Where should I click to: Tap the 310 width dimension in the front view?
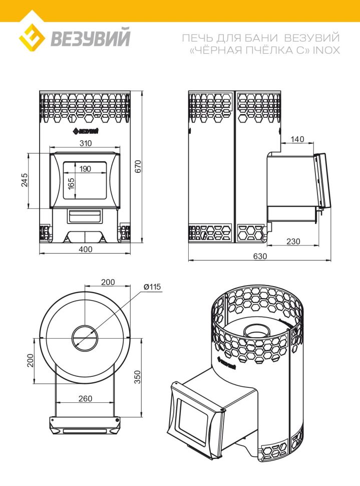pyautogui.click(x=85, y=143)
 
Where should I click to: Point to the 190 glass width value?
pyautogui.click(x=85, y=169)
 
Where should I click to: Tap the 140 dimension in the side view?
pyautogui.click(x=297, y=139)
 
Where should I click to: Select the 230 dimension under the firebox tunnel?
pyautogui.click(x=293, y=241)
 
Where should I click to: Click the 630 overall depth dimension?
pyautogui.click(x=260, y=256)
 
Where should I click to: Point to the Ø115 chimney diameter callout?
pyautogui.click(x=151, y=287)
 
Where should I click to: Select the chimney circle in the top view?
pyautogui.click(x=85, y=338)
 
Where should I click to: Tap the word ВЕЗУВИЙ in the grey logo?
pyautogui.click(x=90, y=39)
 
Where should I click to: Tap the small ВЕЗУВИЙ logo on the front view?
pyautogui.click(x=85, y=131)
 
